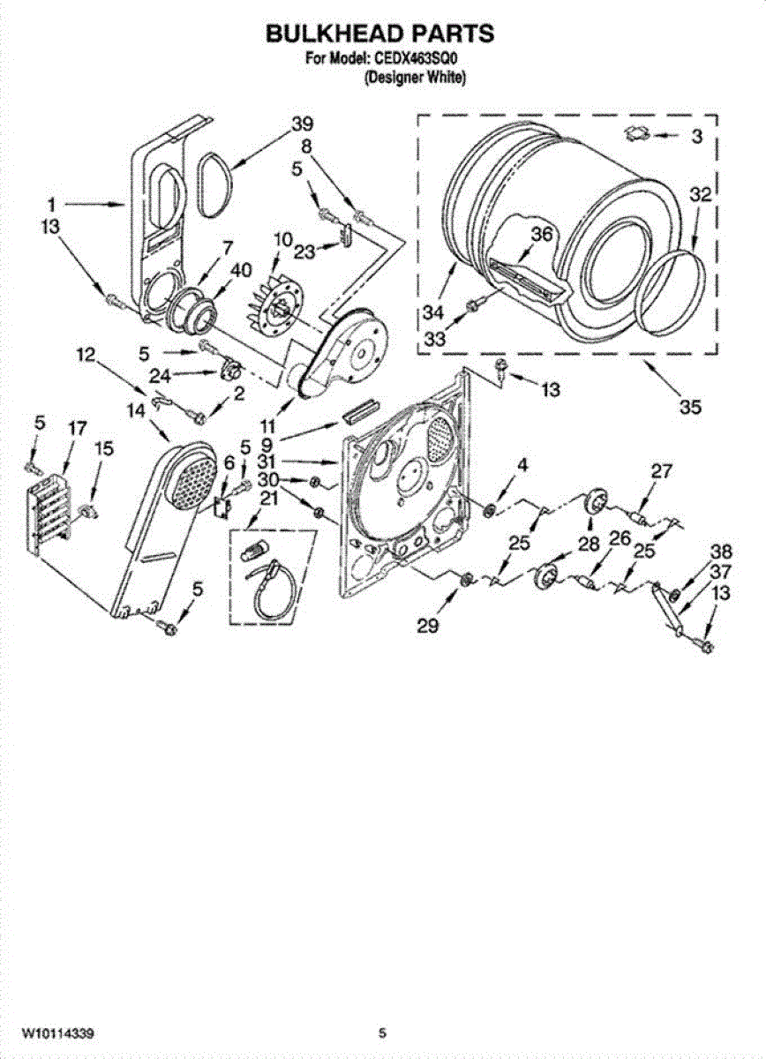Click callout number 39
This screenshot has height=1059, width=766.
[x=302, y=123]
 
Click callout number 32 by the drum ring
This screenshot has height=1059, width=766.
[x=699, y=196]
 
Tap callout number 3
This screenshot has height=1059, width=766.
[x=697, y=136]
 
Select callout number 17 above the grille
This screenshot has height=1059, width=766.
[x=77, y=428]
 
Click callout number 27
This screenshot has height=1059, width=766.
[x=662, y=470]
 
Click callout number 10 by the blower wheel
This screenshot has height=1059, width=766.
[x=282, y=238]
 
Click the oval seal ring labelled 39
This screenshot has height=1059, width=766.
[x=215, y=184]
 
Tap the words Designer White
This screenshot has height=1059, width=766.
[x=416, y=78]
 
